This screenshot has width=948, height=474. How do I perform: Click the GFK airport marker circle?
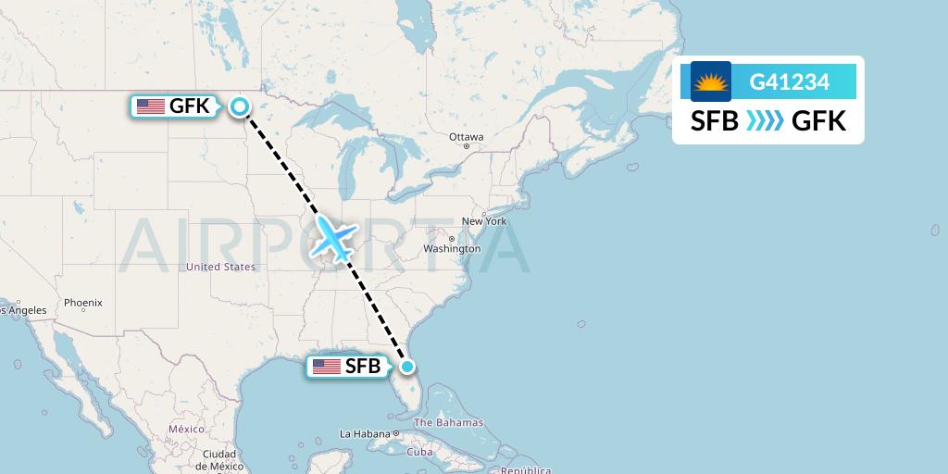point(240,106)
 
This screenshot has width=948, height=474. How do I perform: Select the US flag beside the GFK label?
point(151,106)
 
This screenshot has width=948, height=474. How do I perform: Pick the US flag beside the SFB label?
point(327,367)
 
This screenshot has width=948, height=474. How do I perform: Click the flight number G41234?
point(789,82)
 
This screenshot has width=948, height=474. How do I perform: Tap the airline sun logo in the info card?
point(711,81)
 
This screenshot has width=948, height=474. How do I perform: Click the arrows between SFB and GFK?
point(765,120)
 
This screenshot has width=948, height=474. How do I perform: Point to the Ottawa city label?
point(466,136)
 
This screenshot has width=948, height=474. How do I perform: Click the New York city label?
point(483,221)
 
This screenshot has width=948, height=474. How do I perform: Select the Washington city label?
point(452,248)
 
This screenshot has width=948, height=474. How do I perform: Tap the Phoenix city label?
point(83,303)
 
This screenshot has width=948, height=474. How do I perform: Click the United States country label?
point(220,267)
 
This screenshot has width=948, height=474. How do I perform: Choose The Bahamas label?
point(448,423)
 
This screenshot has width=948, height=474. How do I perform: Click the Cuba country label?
point(419,452)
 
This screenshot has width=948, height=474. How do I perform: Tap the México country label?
point(186,430)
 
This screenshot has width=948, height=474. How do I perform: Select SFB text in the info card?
point(715,120)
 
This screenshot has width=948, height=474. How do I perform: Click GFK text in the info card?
point(819,120)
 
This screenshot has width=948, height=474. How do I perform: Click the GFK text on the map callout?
point(189,106)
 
